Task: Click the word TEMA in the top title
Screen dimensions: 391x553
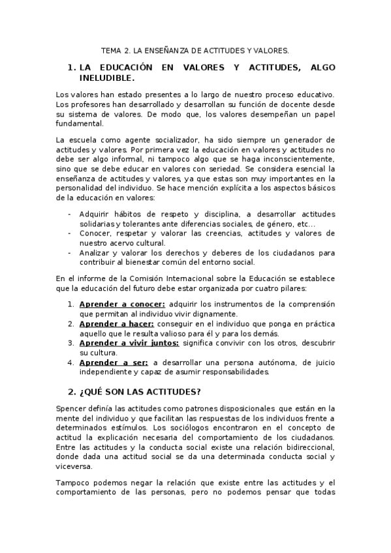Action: point(113,50)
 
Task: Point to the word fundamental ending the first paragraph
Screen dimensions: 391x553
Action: point(80,123)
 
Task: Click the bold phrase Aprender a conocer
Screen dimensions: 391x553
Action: point(122,304)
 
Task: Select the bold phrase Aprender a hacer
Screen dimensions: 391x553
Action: point(116,323)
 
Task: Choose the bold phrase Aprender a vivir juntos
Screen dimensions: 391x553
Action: point(129,342)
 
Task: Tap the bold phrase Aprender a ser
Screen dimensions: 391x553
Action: point(114,362)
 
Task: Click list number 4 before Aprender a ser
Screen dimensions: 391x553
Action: point(70,362)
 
